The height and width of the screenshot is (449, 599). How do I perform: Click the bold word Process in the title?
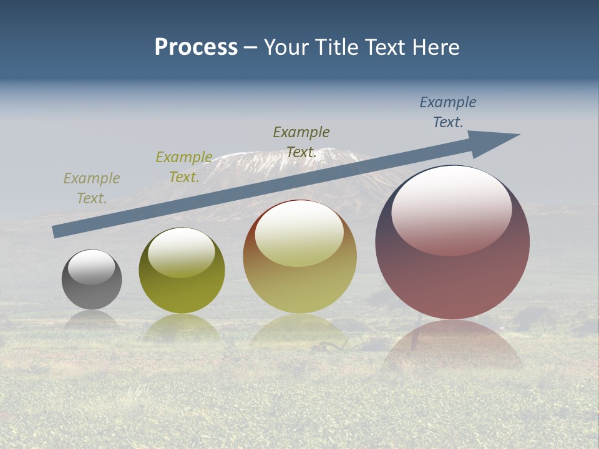pos(196,47)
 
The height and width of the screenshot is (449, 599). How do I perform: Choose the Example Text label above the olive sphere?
pos(183,167)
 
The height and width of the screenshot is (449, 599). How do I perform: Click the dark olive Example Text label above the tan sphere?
pos(301,142)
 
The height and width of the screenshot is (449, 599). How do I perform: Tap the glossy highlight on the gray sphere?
pos(92,267)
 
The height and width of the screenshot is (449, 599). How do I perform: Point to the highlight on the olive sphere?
pos(182,252)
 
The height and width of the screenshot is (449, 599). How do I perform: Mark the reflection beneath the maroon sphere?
pos(452,346)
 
